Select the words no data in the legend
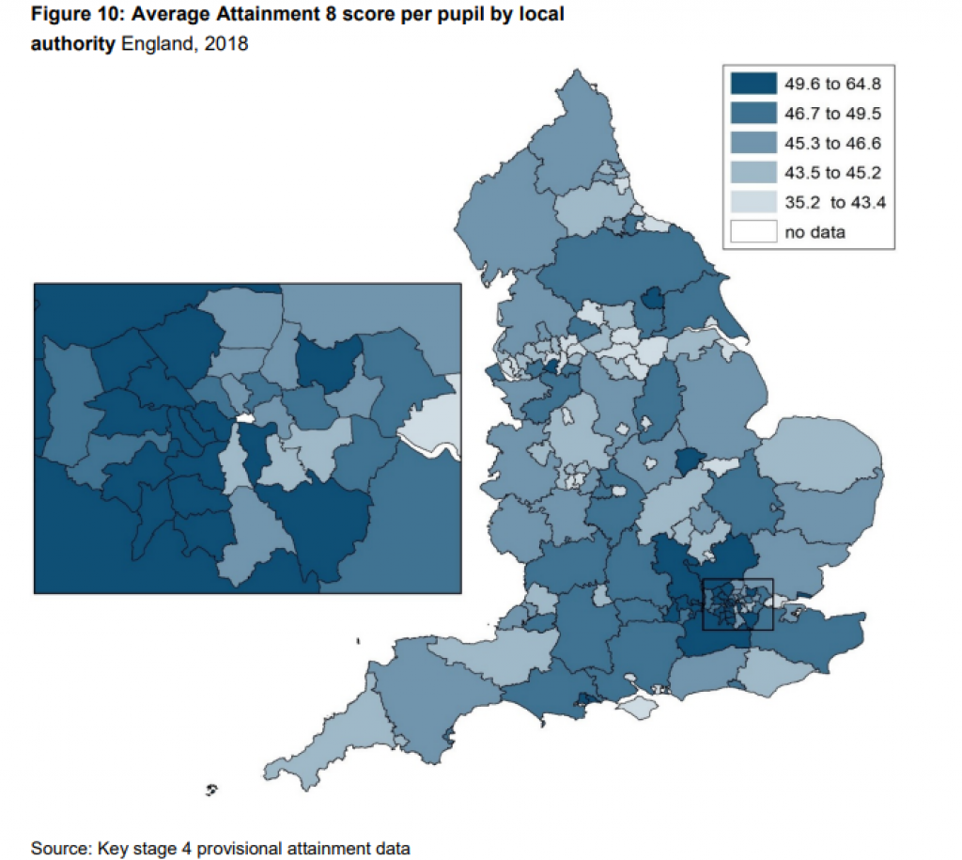815,231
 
